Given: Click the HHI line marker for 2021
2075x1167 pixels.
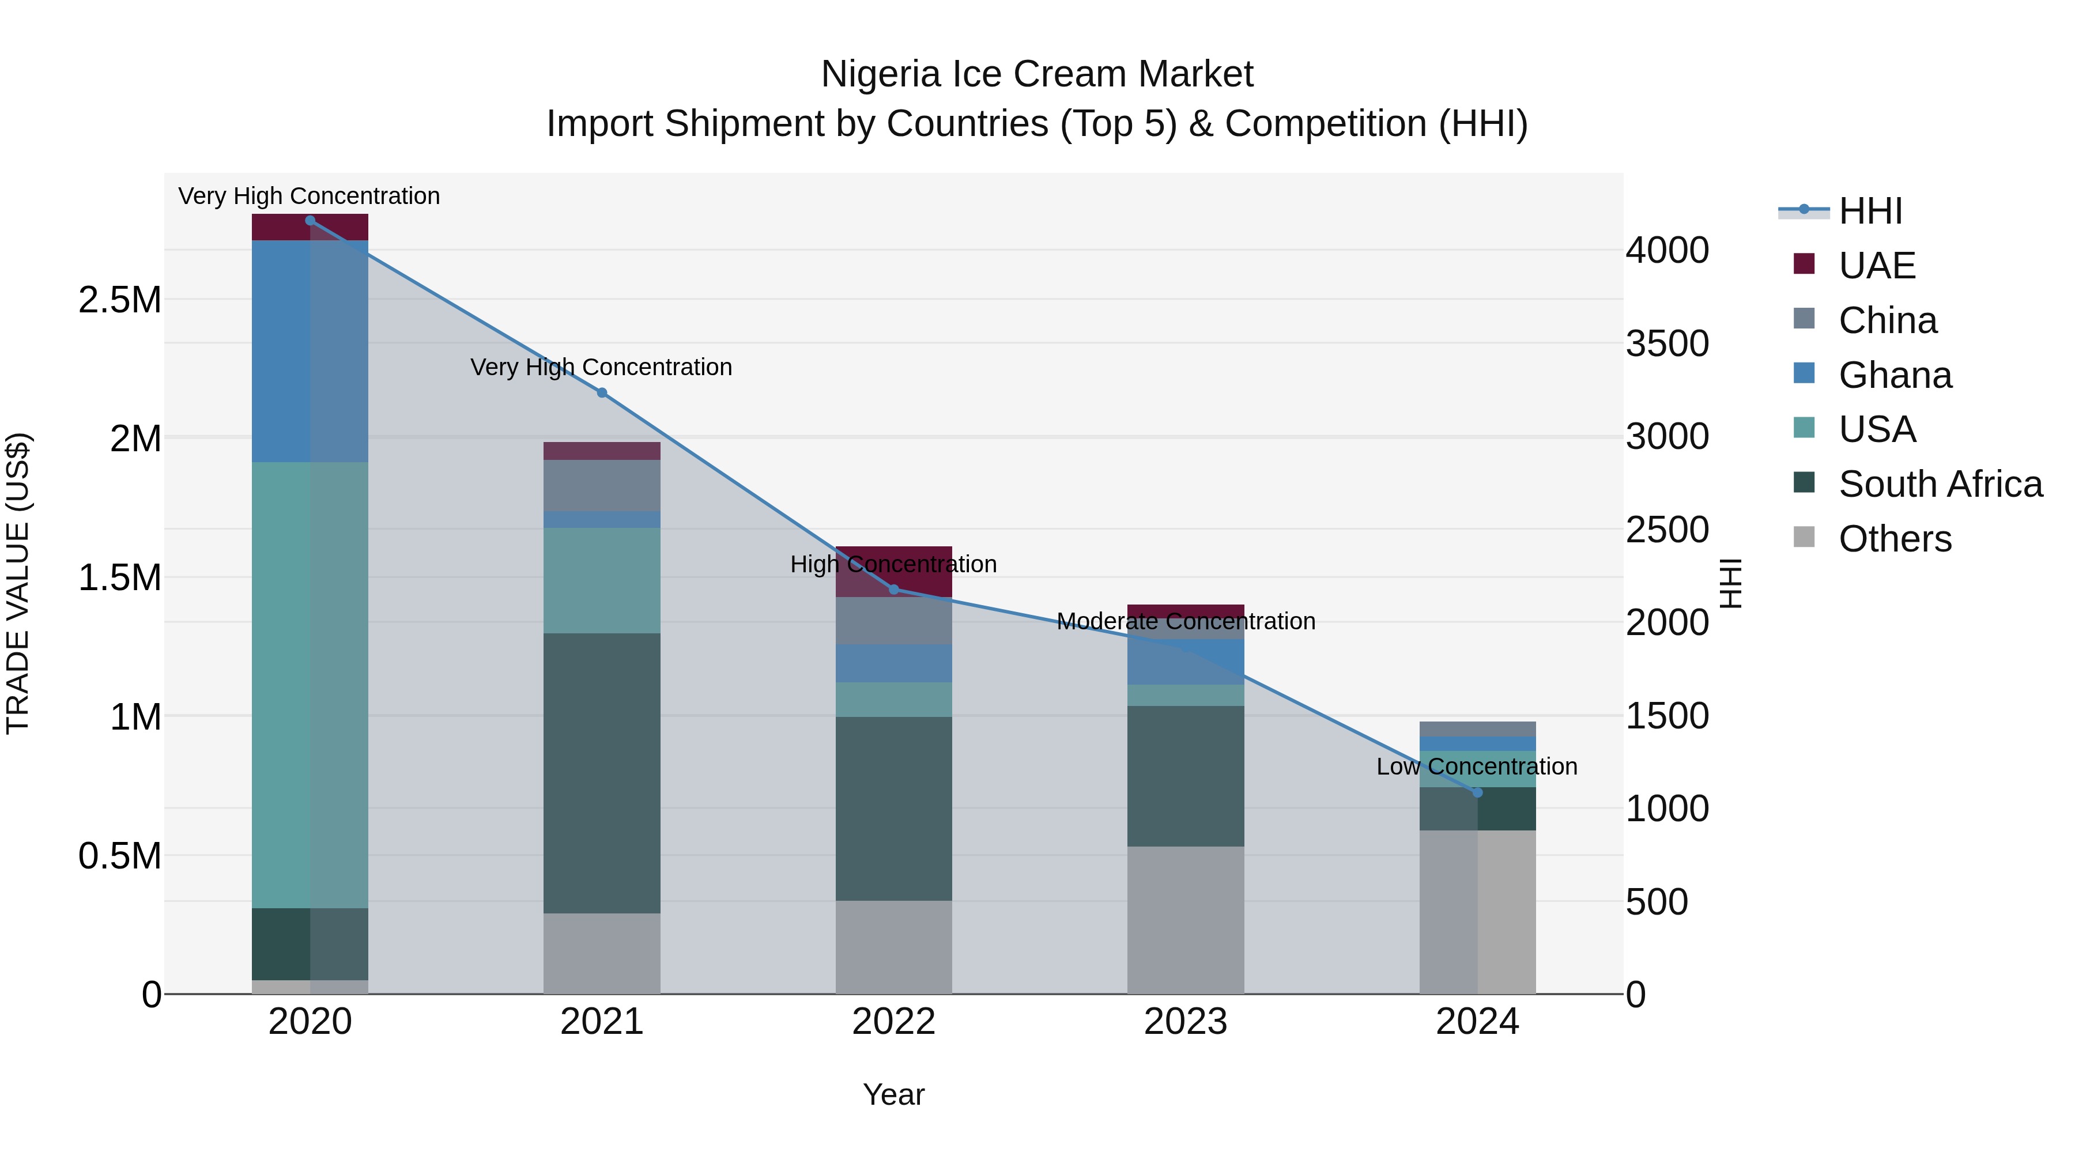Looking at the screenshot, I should point(602,393).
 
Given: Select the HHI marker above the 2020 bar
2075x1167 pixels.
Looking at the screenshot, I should point(310,221).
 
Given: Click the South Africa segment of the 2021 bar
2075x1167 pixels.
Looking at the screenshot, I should point(602,773).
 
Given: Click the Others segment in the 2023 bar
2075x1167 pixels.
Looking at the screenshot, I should point(1185,920).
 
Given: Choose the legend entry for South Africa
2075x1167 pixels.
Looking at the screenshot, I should point(1940,484).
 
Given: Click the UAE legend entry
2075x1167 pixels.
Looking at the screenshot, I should point(1876,266).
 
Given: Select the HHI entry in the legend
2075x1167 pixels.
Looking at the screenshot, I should point(1870,211).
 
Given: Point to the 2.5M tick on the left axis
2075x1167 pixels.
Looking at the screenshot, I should point(120,300).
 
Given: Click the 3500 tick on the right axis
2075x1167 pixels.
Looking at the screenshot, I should point(1666,344).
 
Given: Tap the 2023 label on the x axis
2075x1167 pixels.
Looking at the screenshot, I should point(1185,1022).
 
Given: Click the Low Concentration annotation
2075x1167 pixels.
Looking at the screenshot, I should point(1477,766).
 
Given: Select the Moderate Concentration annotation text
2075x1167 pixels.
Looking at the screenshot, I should point(1185,622).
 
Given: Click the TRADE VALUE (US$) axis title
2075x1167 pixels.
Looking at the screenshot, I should point(18,583).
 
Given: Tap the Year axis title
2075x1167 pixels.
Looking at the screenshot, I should point(893,1094).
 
